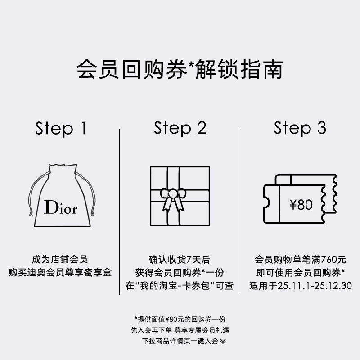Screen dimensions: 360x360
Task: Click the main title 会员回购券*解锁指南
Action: (180, 70)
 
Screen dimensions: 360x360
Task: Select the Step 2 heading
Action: (180, 128)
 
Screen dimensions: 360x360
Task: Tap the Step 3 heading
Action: (300, 128)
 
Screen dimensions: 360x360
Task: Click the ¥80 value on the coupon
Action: (301, 205)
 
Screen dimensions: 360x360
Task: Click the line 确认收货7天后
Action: (180, 260)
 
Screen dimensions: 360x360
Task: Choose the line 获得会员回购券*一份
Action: (180, 273)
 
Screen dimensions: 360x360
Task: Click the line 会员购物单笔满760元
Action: (300, 260)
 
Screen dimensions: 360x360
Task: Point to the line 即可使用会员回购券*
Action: (300, 273)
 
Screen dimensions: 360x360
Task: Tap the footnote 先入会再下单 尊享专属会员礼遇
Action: (180, 330)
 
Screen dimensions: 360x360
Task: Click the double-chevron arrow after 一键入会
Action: (223, 341)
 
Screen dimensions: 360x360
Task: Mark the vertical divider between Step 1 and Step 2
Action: (119, 211)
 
